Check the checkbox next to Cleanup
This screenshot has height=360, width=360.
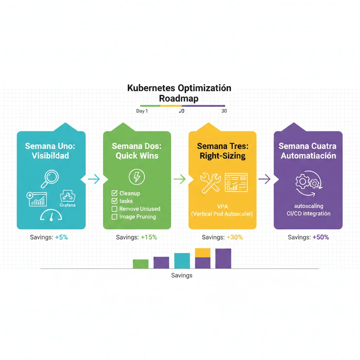tap(114, 193)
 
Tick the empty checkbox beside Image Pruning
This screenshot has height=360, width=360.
tap(114, 217)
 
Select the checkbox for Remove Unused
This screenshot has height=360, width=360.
tap(114, 209)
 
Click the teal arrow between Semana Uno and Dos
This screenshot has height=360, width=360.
tap(94, 179)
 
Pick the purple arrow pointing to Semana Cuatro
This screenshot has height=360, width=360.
tap(265, 179)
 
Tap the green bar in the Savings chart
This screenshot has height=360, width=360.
tap(141, 264)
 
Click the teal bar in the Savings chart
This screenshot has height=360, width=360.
tap(182, 261)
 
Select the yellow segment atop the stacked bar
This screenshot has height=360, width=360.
tap(202, 252)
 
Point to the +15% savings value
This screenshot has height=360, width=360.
tap(149, 237)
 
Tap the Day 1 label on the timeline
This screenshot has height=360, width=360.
tap(142, 111)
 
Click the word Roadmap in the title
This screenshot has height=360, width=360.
tap(179, 98)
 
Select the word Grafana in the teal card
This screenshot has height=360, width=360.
tap(67, 205)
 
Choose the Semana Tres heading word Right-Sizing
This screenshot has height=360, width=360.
tap(223, 156)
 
